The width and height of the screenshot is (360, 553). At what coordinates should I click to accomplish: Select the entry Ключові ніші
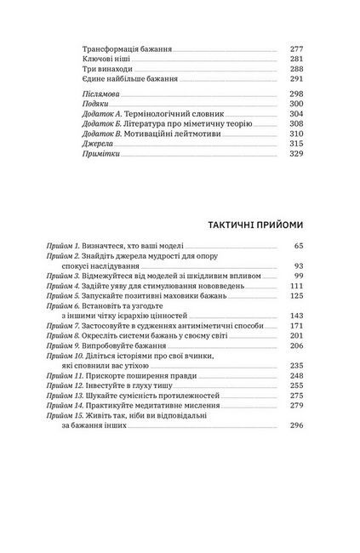click(x=108, y=61)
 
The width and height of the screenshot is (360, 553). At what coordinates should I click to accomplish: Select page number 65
click(x=298, y=246)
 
